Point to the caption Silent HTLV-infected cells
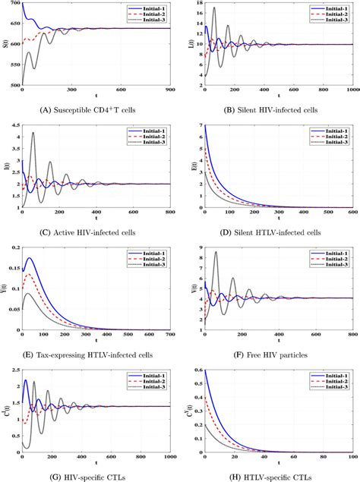(x=270, y=228)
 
